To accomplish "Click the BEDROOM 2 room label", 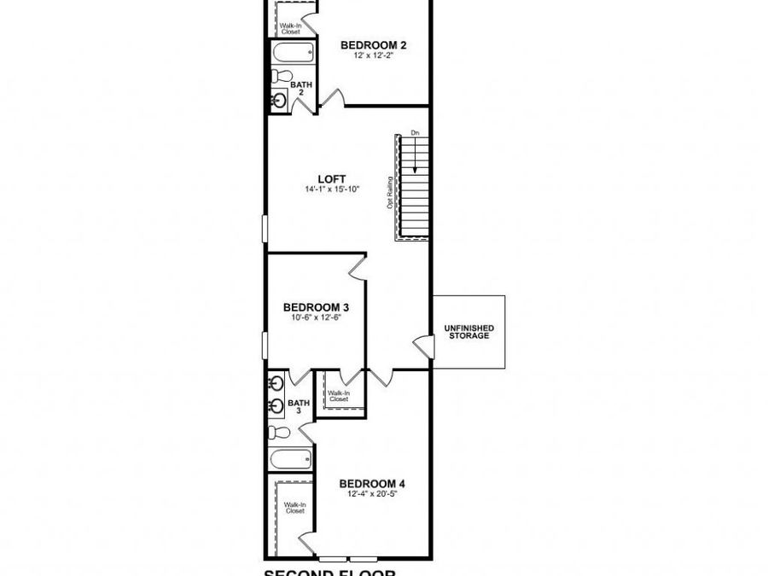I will point(371,45).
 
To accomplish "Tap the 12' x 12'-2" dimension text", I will point(371,56).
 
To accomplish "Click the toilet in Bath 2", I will point(279,77).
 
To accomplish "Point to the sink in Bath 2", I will point(279,100).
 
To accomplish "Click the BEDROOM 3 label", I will point(316,307).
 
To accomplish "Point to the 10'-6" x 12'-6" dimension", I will point(316,317).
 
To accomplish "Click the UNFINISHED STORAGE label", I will point(468,332).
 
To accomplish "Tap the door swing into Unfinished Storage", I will point(422,346).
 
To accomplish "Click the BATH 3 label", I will point(298,406).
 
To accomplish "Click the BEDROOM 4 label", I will point(371,482).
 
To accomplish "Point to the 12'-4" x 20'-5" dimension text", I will point(371,493).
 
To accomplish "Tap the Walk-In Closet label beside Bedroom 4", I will point(294,508).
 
